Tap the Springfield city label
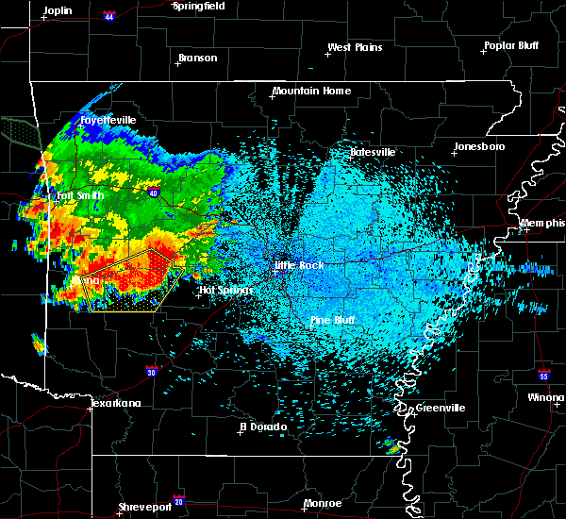200,6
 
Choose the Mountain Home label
311,92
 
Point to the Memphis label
542,223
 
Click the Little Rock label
299,266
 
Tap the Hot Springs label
226,290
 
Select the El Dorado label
260,427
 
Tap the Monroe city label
323,504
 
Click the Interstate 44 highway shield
108,16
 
